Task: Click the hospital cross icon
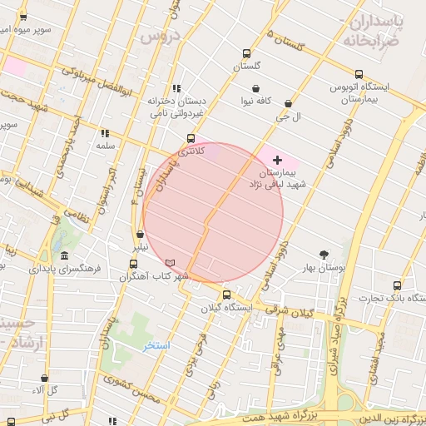point(277,159)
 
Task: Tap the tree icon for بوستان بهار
point(324,255)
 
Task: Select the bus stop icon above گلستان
point(246,52)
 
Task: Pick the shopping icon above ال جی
point(288,104)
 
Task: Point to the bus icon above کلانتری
point(191,138)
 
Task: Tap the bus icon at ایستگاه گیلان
point(226,295)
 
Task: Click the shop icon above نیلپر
point(139,235)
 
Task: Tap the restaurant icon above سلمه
point(104,133)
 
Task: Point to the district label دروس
point(159,37)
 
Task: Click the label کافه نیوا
point(257,101)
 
